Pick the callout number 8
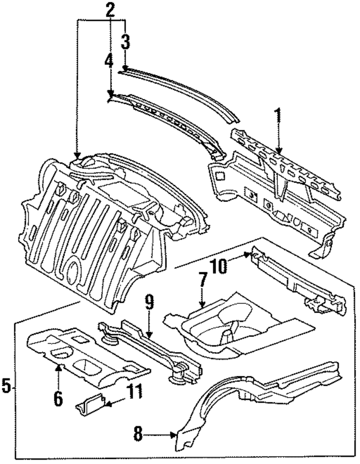point(139,434)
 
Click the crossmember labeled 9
point(152,349)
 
